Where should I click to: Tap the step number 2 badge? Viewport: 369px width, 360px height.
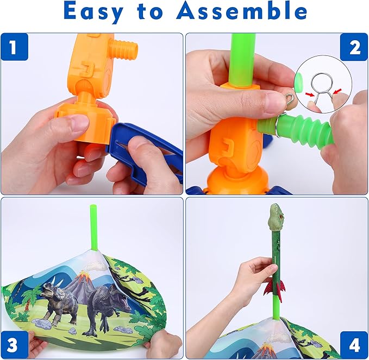(354, 48)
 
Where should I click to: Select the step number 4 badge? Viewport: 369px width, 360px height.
(354, 345)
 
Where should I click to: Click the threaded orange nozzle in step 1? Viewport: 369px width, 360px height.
(126, 50)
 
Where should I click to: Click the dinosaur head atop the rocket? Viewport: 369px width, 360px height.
(277, 214)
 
